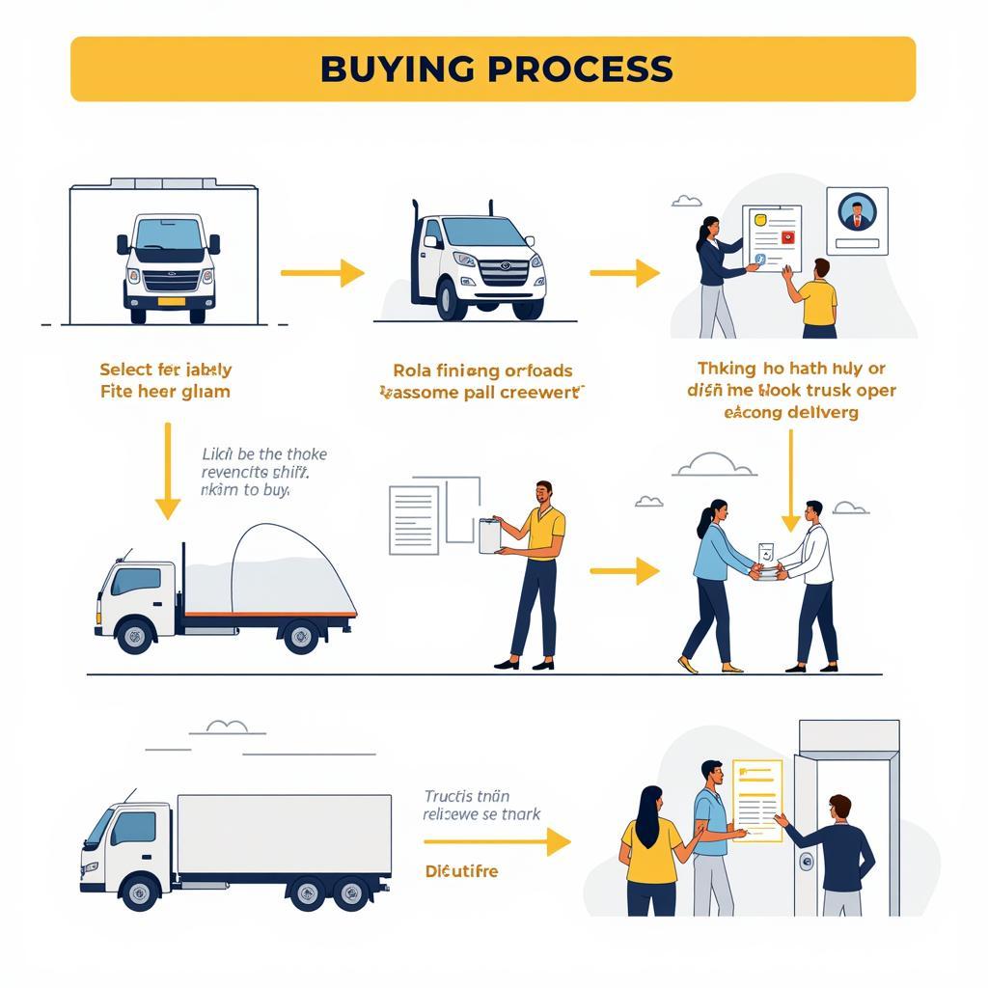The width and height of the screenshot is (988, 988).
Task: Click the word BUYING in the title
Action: click(395, 69)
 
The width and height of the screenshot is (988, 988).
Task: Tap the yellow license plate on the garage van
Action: click(171, 301)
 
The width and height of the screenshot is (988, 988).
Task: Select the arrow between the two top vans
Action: click(322, 273)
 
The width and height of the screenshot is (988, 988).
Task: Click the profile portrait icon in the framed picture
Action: click(857, 211)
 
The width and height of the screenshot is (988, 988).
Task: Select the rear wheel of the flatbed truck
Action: click(301, 635)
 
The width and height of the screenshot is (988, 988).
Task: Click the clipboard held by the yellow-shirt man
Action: click(489, 535)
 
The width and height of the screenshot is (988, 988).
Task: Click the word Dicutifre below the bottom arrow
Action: click(462, 871)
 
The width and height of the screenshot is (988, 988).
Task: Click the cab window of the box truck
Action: click(132, 828)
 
